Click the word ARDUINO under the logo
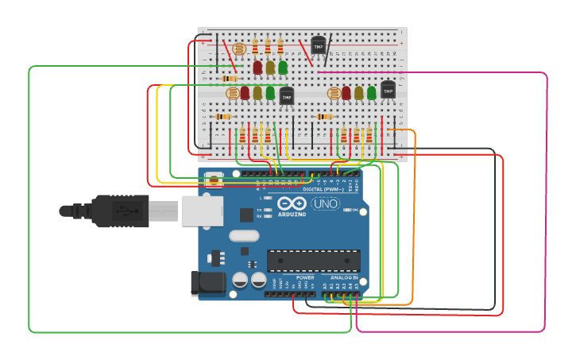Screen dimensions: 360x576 [x=292, y=215]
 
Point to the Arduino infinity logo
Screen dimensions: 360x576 [x=292, y=203]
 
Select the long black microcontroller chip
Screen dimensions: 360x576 [x=313, y=260]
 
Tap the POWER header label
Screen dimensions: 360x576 [x=305, y=277]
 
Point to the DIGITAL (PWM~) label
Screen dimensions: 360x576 [x=323, y=189]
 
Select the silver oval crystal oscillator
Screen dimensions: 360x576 [x=244, y=235]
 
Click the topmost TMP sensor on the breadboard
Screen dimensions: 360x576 [x=318, y=47]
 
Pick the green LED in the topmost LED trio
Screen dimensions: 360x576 [x=283, y=68]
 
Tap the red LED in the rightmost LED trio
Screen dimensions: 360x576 [x=346, y=94]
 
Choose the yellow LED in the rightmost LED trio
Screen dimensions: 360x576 [x=359, y=94]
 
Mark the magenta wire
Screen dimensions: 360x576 [x=546, y=199]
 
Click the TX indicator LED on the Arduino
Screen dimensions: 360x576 [x=269, y=209]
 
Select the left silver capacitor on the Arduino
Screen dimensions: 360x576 [x=240, y=280]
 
